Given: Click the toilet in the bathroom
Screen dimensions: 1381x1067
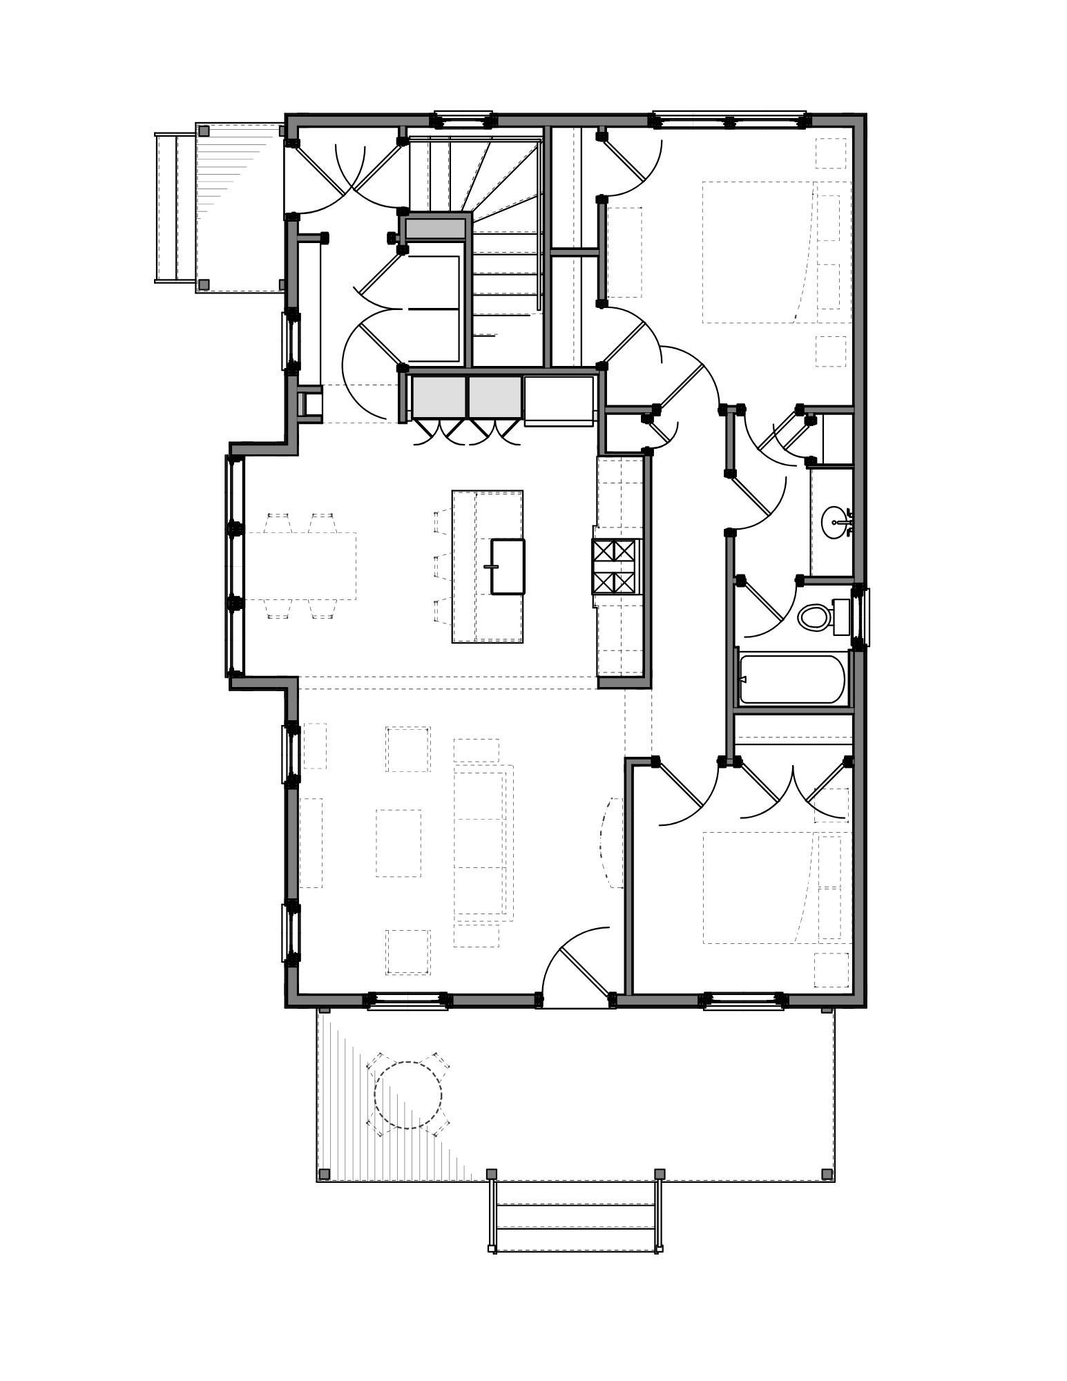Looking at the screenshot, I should tap(815, 617).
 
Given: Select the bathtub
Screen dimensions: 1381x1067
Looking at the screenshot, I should tap(792, 679).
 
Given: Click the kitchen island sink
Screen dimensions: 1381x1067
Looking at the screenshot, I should tap(508, 566).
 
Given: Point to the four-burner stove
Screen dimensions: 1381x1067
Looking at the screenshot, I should tap(614, 566).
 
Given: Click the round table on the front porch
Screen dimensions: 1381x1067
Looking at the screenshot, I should tap(407, 1094).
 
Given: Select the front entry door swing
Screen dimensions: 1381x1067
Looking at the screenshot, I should tap(577, 967).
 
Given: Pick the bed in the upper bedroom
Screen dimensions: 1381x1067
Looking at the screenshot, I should tap(760, 252).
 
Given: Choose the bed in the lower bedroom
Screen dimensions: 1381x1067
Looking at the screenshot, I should tap(760, 887).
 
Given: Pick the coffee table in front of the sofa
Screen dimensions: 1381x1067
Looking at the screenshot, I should tap(398, 843).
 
